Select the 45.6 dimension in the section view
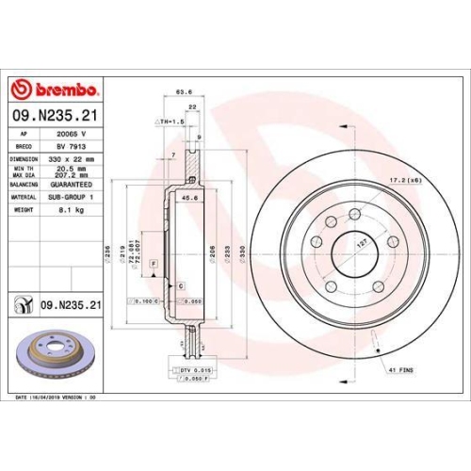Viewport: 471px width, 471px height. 189,198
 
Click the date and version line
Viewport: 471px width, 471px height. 58,398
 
